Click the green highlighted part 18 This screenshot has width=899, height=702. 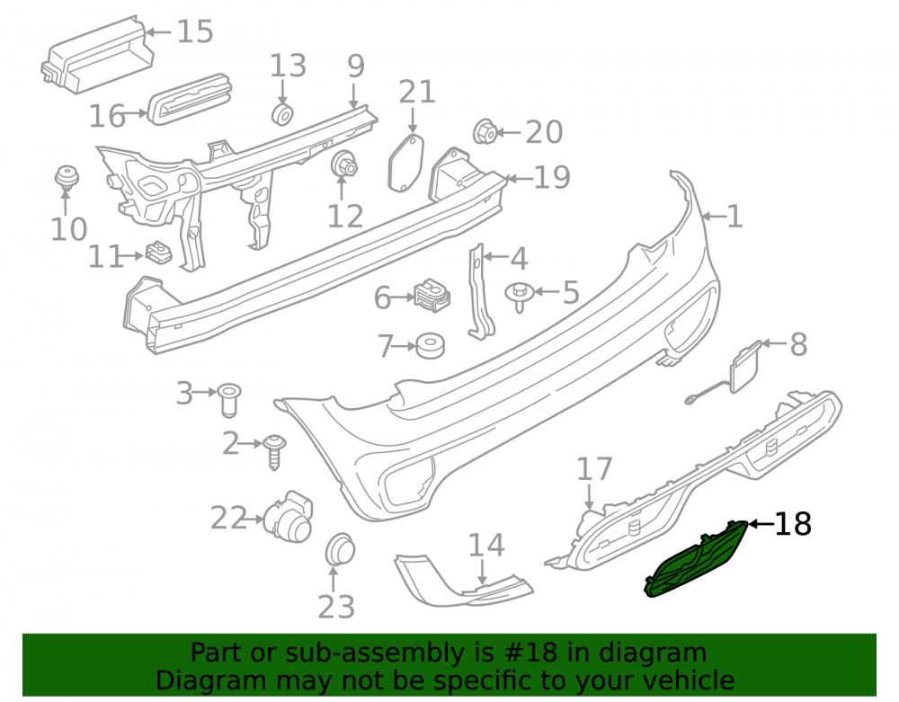coord(696,559)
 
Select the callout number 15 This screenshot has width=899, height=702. coord(195,31)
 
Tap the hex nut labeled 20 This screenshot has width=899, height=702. coord(485,132)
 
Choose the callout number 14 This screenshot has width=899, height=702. coord(486,546)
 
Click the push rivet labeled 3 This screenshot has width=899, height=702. coord(228,399)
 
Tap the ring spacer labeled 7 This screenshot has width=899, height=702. coord(431,345)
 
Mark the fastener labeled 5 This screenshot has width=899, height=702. coord(520,297)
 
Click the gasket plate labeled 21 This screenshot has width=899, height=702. coord(406,163)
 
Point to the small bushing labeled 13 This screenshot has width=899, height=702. coord(282,114)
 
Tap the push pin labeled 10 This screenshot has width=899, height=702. coord(67,179)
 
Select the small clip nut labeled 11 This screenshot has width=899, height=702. coord(159,253)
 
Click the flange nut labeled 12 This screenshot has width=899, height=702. coord(344,164)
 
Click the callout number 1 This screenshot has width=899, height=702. coord(734,218)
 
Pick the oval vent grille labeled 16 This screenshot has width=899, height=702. coord(190,99)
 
